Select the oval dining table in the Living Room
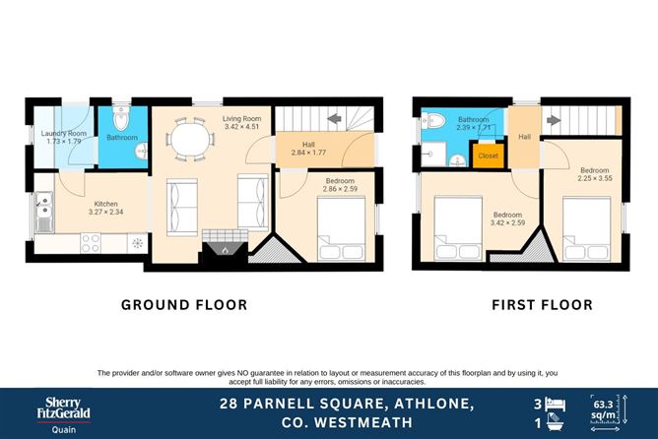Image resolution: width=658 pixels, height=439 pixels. click(187, 140)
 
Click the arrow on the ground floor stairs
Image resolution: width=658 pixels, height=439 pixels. click(334, 120)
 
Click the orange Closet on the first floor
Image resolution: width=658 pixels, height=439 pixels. click(488, 156)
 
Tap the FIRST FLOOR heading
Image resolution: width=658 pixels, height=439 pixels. click(542, 305)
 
